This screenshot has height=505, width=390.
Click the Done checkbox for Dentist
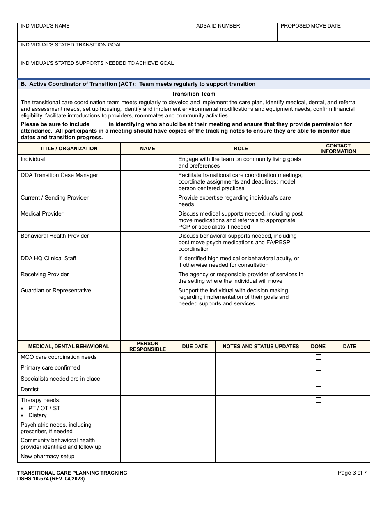[318, 389]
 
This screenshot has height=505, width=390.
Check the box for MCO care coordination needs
[318, 357]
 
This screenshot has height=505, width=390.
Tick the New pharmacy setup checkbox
[318, 457]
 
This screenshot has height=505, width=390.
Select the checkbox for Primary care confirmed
[318, 368]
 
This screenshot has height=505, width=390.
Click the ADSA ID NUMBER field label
[218, 26]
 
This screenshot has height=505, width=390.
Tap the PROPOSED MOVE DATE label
[310, 26]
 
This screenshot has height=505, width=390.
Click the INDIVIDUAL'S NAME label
[45, 26]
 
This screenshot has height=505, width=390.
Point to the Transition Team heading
[193, 94]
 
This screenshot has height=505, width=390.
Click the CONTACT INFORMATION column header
[338, 148]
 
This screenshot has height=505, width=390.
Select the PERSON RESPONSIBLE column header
[147, 346]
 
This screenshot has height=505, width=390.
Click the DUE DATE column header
[195, 347]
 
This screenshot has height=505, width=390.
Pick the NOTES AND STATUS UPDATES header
[261, 347]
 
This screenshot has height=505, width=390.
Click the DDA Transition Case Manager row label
[60, 175]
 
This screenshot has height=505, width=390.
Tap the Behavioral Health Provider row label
[55, 236]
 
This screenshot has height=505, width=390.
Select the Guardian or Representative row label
[56, 291]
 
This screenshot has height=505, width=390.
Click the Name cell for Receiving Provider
[147, 278]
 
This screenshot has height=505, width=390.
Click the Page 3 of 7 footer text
[352, 473]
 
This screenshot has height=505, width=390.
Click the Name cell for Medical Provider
[147, 220]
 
